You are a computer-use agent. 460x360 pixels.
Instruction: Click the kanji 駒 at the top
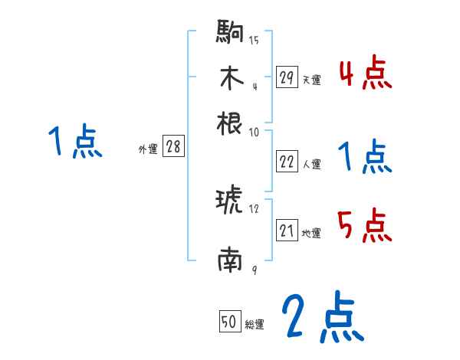tap(231, 34)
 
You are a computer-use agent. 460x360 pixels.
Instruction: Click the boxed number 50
tap(229, 322)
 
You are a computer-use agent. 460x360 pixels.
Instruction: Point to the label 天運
tap(311, 80)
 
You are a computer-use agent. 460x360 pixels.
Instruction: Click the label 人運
tap(311, 164)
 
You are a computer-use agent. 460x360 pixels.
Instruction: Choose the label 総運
tap(254, 324)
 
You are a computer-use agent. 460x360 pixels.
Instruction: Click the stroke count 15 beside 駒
tap(254, 40)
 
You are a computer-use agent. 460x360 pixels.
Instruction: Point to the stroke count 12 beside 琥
tap(254, 208)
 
